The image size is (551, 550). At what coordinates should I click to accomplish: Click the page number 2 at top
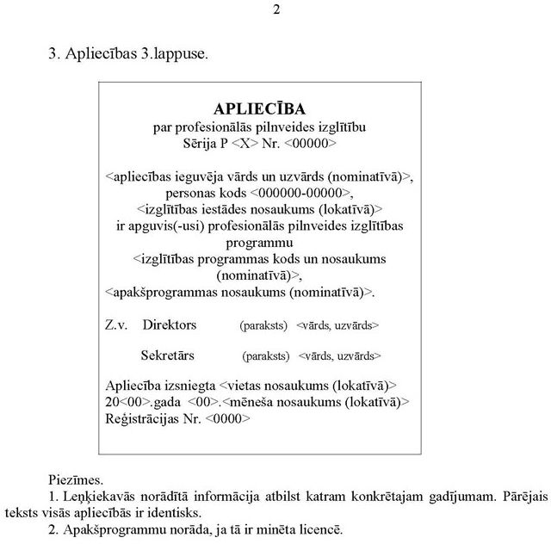[276, 9]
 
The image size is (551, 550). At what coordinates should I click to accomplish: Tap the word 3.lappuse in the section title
[173, 53]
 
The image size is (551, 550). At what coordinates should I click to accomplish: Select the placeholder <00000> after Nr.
[310, 142]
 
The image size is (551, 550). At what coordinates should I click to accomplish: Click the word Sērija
[201, 142]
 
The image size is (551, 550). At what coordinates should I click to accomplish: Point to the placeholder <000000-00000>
[302, 192]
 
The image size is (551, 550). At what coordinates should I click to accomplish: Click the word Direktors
[170, 325]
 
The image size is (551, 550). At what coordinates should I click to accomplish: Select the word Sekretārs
[167, 355]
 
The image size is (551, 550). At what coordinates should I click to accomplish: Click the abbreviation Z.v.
[116, 325]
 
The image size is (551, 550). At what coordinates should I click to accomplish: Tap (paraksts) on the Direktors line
[263, 326]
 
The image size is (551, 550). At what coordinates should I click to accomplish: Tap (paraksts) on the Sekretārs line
[266, 355]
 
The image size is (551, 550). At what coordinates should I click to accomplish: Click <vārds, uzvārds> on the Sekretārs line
[340, 355]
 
